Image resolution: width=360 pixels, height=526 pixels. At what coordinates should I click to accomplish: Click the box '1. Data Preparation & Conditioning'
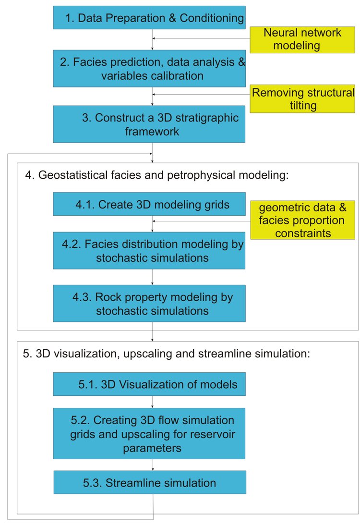point(149,17)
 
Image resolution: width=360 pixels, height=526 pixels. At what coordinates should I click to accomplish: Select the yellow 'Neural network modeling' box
point(302,40)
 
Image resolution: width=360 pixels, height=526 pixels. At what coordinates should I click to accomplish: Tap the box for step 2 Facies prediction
point(149,68)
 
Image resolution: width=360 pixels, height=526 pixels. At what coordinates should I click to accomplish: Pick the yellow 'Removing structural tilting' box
point(302,98)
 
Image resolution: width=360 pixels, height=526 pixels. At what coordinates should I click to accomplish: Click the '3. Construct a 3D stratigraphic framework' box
point(149,124)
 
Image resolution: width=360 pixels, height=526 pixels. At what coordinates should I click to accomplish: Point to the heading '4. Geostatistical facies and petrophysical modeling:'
point(157,175)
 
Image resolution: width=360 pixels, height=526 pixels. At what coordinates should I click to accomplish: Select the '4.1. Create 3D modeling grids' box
point(149,204)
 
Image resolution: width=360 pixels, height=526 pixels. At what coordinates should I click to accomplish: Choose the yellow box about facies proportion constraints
point(303,220)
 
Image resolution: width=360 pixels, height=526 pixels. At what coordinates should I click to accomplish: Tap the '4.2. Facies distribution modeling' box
point(149,251)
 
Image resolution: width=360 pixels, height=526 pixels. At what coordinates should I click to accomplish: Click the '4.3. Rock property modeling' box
point(149,304)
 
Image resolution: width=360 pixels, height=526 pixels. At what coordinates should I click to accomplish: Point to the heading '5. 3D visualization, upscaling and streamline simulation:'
point(167,354)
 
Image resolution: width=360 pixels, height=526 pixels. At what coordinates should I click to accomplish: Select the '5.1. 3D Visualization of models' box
point(149,384)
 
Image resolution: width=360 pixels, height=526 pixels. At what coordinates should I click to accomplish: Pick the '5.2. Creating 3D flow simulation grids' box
point(149,433)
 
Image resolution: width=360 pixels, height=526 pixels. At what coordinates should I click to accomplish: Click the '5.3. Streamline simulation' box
point(150,482)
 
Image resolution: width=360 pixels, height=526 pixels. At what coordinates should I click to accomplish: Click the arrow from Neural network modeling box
point(201,38)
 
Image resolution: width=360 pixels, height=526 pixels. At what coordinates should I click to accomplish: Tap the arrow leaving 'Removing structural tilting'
point(201,94)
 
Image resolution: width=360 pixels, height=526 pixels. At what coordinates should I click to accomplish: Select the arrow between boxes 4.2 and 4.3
point(153,277)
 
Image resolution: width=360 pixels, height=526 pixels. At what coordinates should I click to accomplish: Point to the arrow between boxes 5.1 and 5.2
point(153,402)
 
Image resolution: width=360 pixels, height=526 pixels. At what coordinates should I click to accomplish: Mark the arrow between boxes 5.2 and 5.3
point(153,465)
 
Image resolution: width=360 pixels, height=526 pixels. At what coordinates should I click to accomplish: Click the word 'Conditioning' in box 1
point(212,18)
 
